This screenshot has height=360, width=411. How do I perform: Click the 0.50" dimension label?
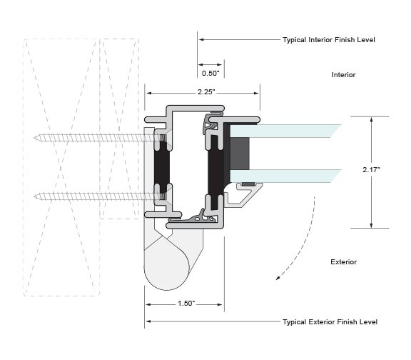tap(210, 73)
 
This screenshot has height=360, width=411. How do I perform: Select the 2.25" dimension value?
tap(206, 92)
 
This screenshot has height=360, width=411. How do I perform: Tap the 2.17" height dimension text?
tap(371, 169)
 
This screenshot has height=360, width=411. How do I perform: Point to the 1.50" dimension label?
tap(186, 304)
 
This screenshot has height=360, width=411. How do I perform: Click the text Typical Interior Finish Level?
tap(329, 40)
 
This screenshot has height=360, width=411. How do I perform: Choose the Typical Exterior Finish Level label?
tap(330, 322)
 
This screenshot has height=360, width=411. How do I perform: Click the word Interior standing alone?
tap(343, 75)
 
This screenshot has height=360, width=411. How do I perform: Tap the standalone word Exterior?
tap(343, 262)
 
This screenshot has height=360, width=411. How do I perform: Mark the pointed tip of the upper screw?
tap(34, 138)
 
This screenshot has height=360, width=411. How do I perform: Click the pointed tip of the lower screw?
tap(34, 196)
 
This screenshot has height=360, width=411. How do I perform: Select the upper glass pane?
tap(285, 131)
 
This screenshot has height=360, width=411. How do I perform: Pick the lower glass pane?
tap(285, 176)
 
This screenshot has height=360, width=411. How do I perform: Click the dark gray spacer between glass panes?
tap(240, 154)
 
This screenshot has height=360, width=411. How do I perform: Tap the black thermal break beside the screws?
tap(162, 167)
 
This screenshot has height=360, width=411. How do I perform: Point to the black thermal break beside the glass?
tap(215, 172)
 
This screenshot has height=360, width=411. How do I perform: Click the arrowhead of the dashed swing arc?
tap(278, 278)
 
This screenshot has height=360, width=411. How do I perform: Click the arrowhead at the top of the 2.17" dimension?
tap(371, 119)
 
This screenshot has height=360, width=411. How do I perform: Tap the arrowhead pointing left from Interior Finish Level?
tap(201, 39)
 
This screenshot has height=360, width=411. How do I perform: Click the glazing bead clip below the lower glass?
tap(244, 194)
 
